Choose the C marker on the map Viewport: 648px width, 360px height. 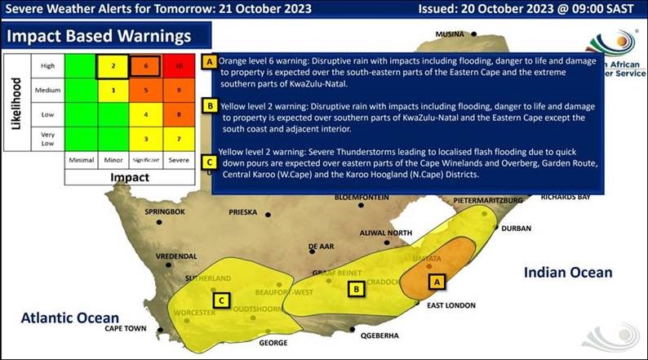[x=220, y=300]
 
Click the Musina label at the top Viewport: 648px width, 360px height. [x=449, y=34]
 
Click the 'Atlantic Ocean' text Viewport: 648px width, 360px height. [x=70, y=317]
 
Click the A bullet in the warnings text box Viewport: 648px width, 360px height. [x=210, y=62]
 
